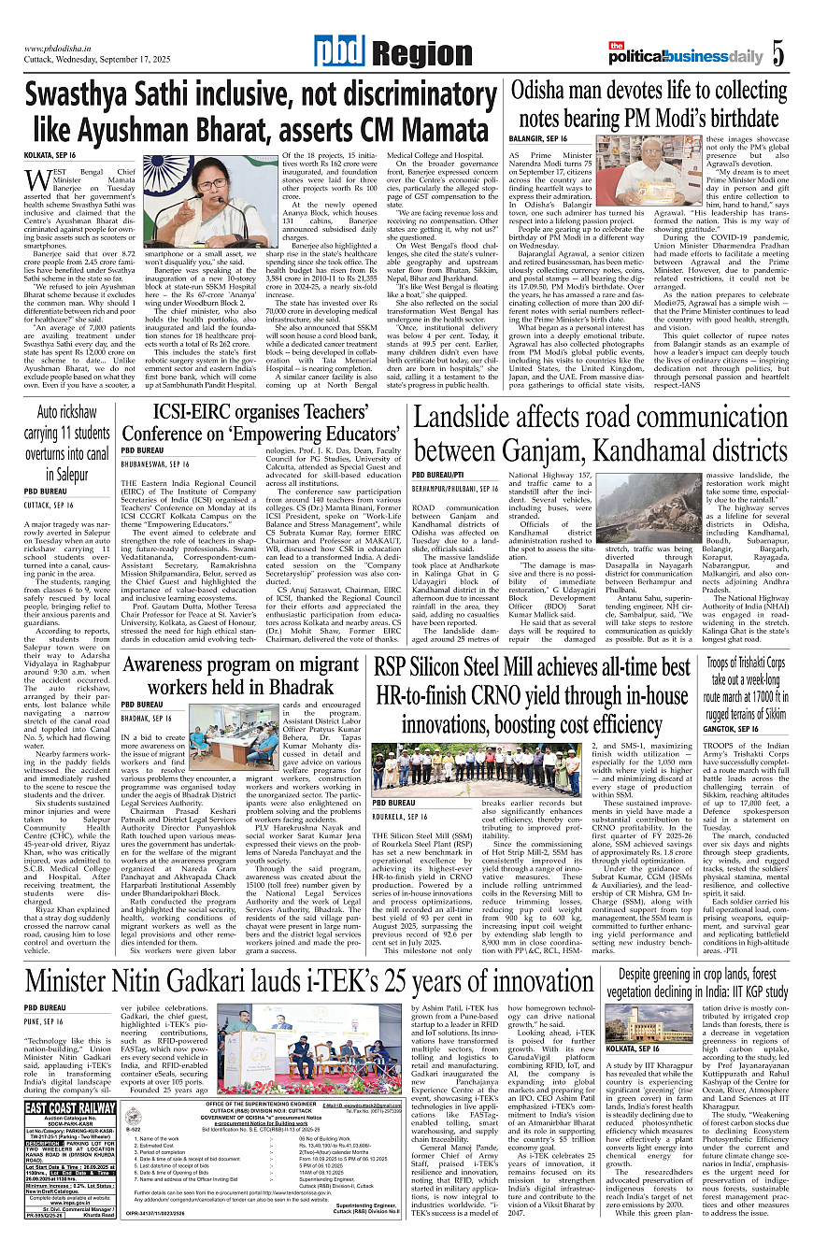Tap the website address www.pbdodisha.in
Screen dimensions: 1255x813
pos(63,49)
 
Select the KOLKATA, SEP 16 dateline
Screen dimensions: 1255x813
pos(50,154)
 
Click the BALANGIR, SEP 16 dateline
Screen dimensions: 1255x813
pos(538,138)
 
